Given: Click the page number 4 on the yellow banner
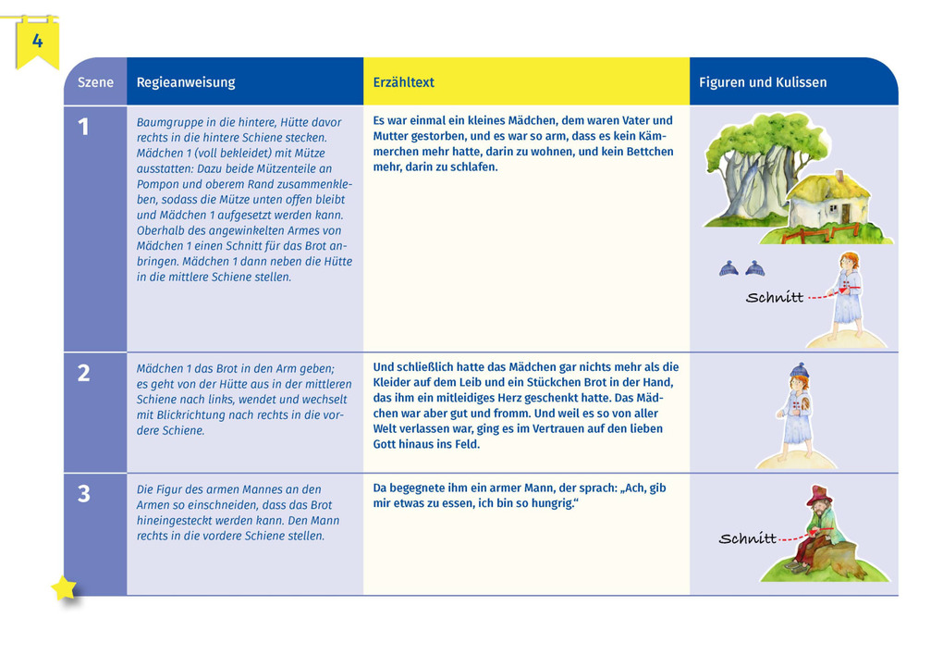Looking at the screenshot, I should [x=37, y=41].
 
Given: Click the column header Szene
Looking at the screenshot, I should [x=95, y=82].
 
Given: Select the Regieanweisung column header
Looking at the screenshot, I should [x=186, y=82].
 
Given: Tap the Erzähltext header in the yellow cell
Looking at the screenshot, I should [x=403, y=82].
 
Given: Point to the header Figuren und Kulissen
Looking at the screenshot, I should [x=763, y=82].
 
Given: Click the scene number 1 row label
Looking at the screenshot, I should [x=84, y=128].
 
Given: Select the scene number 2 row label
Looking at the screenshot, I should [x=84, y=373].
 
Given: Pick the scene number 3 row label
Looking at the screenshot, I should [x=84, y=494].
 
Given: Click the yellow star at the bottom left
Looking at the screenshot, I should [x=64, y=588].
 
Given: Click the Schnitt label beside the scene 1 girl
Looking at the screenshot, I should [x=774, y=298].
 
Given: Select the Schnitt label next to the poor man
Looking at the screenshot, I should [x=747, y=538].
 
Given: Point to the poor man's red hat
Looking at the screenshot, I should [x=819, y=495].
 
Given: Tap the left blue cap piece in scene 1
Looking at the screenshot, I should [x=729, y=268].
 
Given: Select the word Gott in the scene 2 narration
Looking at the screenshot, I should [x=386, y=444].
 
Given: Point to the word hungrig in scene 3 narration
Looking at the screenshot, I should [x=551, y=503].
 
